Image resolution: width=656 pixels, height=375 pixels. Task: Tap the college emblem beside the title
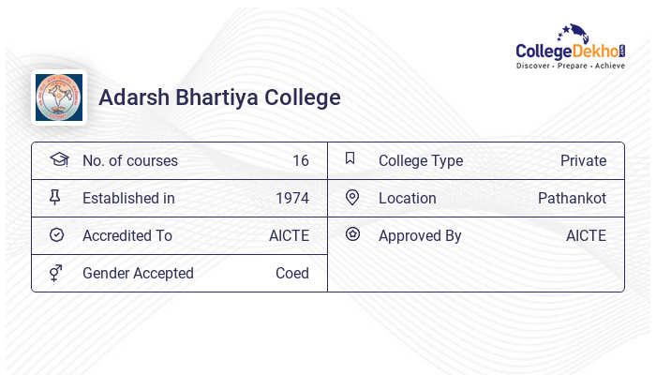point(59,97)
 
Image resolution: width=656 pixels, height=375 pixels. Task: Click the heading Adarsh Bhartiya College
point(219,97)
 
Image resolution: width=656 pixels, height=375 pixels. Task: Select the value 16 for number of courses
point(300,160)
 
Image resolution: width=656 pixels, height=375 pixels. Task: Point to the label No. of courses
point(129,160)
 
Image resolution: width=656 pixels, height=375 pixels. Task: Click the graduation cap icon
point(58,159)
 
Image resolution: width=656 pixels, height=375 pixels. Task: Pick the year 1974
point(292,198)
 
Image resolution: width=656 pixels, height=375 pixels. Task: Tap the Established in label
point(128,198)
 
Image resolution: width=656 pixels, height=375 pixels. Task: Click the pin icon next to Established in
point(55,197)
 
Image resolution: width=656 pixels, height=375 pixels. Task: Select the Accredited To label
point(127,235)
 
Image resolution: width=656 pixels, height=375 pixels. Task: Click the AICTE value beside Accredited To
point(289,235)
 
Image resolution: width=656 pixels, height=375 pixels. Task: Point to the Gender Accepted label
point(138,273)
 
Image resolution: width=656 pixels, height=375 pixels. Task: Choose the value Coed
point(292,273)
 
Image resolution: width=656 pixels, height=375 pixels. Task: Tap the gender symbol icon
point(55,273)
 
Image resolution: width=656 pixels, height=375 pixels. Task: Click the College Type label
point(421,160)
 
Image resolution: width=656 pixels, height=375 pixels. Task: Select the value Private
point(583,160)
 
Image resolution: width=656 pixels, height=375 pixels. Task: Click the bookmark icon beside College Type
point(350,158)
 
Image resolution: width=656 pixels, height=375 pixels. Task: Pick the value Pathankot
point(572,198)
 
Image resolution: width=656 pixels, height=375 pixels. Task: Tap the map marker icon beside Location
point(352,197)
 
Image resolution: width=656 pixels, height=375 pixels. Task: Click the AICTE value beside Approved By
point(586,235)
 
